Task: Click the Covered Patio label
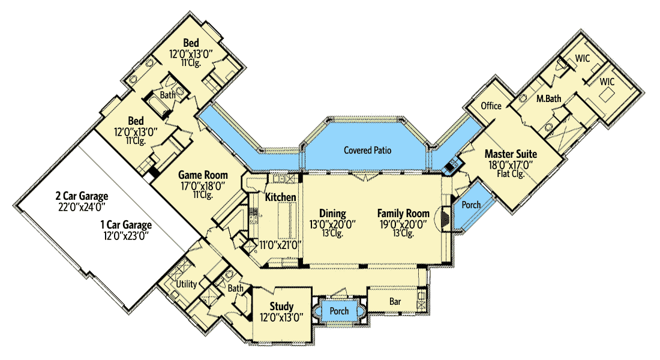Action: [x=368, y=150]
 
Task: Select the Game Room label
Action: [x=203, y=175]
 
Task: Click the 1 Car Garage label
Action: [x=125, y=225]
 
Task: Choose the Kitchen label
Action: [x=280, y=197]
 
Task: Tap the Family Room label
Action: [x=403, y=214]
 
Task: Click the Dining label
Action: [x=332, y=214]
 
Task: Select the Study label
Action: [x=281, y=307]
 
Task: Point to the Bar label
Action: [x=395, y=301]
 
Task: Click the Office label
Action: [x=491, y=106]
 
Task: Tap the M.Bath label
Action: [x=548, y=98]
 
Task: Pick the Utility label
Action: [x=187, y=284]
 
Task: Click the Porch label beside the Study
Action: [x=339, y=311]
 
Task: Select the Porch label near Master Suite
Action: [x=471, y=205]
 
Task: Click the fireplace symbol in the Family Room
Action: [x=445, y=220]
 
